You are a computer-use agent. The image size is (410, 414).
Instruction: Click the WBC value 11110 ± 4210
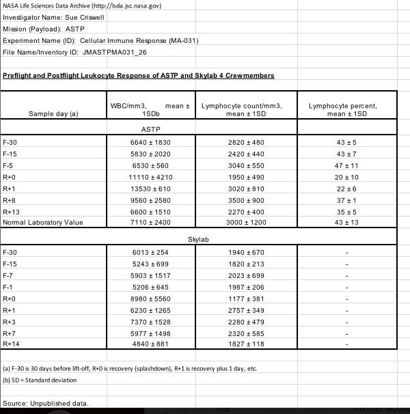click(149, 176)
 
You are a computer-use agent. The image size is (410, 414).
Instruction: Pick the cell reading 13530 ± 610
click(149, 188)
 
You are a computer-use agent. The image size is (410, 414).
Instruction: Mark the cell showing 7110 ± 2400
click(149, 223)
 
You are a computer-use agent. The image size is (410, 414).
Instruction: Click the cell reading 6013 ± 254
click(149, 252)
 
